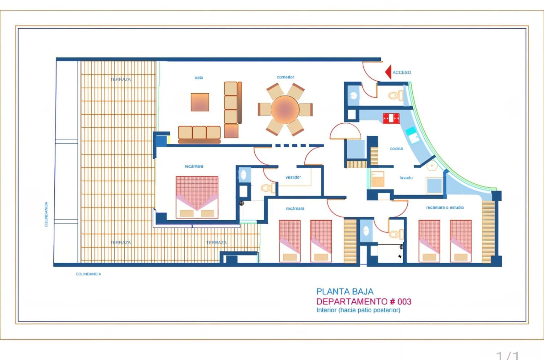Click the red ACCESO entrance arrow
pyautogui.click(x=388, y=72)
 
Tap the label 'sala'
pyautogui.click(x=199, y=78)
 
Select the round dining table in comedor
pyautogui.click(x=285, y=109)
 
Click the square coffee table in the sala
pyautogui.click(x=200, y=102)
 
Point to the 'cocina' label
pyautogui.click(x=396, y=148)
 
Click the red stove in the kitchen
pyautogui.click(x=391, y=118)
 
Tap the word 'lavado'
pyautogui.click(x=406, y=178)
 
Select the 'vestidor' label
pyautogui.click(x=293, y=177)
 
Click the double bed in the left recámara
pyautogui.click(x=197, y=197)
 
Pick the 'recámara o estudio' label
pyautogui.click(x=445, y=208)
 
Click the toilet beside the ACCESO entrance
pyautogui.click(x=395, y=95)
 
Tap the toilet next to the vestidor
pyautogui.click(x=268, y=188)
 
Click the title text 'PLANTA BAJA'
pyautogui.click(x=345, y=291)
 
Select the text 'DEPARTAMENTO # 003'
pyautogui.click(x=364, y=302)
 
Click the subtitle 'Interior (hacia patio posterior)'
pyautogui.click(x=358, y=310)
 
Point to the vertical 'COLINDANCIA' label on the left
pyautogui.click(x=46, y=214)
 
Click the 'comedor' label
pyautogui.click(x=285, y=77)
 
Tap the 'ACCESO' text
pyautogui.click(x=402, y=73)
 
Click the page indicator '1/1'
pyautogui.click(x=507, y=355)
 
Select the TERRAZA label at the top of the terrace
pyautogui.click(x=121, y=79)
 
